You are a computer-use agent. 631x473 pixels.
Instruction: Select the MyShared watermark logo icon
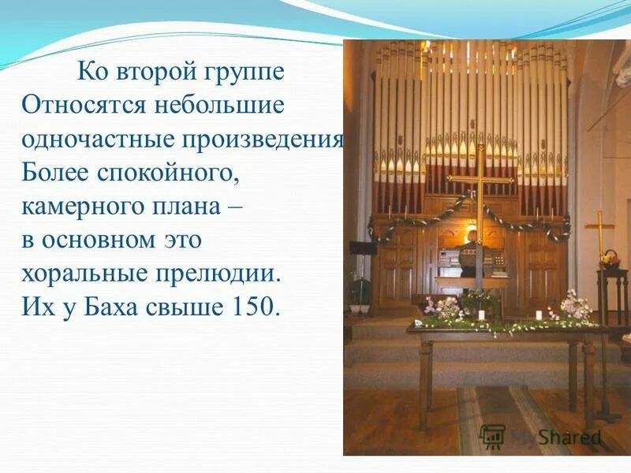click(x=493, y=437)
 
